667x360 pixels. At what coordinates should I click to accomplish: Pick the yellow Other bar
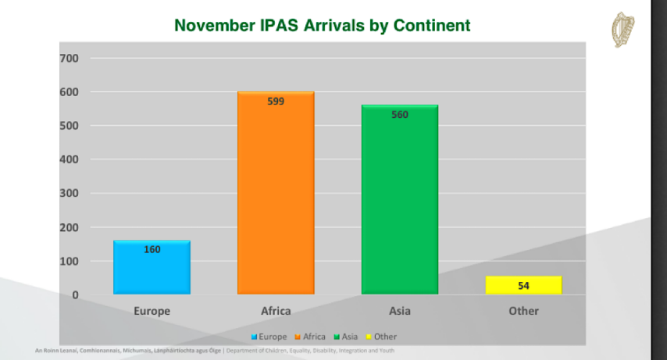point(523,285)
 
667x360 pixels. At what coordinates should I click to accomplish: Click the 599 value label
point(275,102)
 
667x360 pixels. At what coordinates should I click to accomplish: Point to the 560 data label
point(399,115)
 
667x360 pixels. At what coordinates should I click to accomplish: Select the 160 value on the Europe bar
point(152,250)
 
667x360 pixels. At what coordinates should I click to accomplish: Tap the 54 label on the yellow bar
point(523,286)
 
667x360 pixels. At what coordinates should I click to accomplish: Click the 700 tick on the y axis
point(69,59)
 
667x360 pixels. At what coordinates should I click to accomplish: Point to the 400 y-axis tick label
point(69,159)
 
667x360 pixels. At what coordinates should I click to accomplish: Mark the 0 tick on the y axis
point(75,295)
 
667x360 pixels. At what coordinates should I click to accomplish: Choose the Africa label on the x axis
point(275,311)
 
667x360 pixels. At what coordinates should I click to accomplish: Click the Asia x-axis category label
point(399,311)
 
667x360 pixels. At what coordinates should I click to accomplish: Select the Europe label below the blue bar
point(152,311)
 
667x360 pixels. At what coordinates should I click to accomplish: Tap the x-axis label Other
point(523,311)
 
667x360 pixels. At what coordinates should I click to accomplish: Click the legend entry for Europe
point(269,337)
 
